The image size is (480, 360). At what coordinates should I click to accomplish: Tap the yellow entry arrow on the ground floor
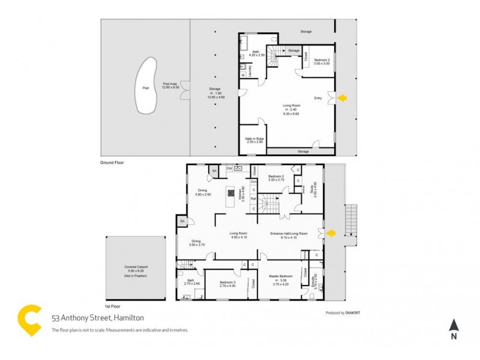pos(343,97)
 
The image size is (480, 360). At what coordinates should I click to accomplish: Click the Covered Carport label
pos(135,269)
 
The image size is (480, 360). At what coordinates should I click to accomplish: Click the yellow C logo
pos(29,319)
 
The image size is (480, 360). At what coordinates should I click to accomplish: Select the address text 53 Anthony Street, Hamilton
pos(98,318)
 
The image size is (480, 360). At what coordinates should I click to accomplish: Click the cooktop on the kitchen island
pos(230,193)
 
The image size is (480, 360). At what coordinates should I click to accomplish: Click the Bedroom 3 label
pos(227,283)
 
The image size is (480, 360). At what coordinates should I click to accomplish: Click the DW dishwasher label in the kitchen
pos(229,169)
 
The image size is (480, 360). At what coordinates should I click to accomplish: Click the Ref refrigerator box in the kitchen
pos(253,198)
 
